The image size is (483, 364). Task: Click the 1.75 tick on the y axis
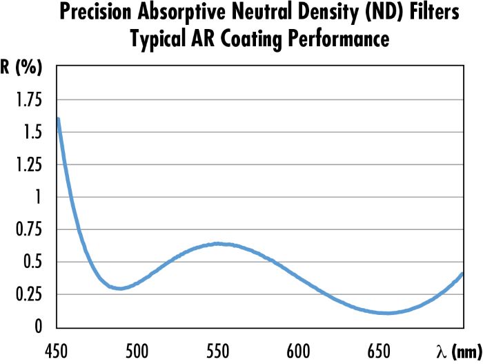pos(29,101)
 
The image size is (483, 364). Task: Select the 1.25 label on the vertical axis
pos(29,166)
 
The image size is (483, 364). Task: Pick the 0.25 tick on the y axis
pos(29,295)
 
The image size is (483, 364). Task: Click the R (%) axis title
pos(23,69)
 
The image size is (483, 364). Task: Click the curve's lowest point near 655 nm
pos(387,313)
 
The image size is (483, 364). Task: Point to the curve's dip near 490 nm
pos(121,288)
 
